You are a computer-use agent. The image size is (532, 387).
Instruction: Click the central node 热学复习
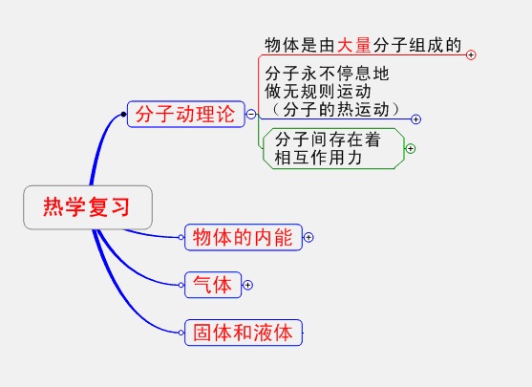tap(88, 207)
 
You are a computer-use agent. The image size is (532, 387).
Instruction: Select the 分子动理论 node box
tap(186, 114)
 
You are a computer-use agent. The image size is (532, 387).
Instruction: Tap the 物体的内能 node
tap(244, 237)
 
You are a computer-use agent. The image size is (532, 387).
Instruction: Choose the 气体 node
tap(213, 285)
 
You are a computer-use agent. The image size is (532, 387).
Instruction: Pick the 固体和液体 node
tap(244, 333)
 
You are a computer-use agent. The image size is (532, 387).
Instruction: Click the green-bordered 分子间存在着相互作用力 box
tap(334, 148)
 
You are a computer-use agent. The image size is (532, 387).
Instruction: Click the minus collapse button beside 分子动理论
tap(251, 114)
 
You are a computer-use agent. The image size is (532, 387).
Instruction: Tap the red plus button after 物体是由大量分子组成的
tap(471, 54)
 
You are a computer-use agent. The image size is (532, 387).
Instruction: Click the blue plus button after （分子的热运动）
tap(416, 119)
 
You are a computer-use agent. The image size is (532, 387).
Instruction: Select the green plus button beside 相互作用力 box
tap(411, 148)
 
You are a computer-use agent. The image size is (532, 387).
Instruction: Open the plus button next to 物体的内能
tap(309, 237)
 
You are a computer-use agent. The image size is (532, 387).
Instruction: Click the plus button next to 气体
tap(248, 285)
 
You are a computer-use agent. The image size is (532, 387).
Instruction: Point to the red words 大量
tap(354, 45)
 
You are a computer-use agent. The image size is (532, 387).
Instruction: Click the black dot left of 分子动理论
tap(123, 115)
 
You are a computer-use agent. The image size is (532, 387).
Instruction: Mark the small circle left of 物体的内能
tap(181, 237)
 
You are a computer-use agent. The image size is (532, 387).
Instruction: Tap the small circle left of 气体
tap(181, 285)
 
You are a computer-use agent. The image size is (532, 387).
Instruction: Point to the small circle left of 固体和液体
tap(181, 333)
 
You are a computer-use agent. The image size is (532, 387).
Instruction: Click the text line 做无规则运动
tap(318, 91)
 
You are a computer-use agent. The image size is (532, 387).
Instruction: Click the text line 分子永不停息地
tap(327, 73)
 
